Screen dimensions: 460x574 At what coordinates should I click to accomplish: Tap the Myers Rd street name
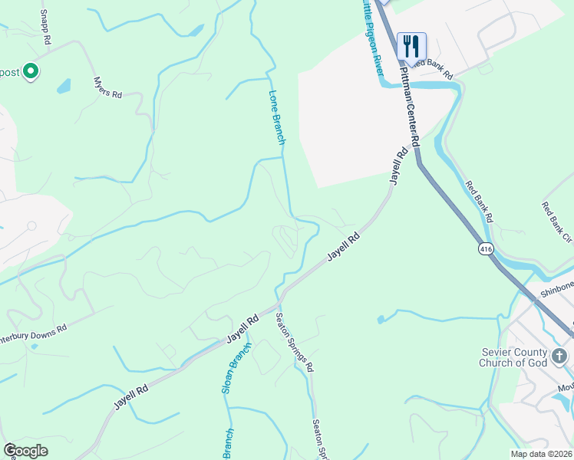(x=107, y=87)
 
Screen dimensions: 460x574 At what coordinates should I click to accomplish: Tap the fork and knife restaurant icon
(x=411, y=46)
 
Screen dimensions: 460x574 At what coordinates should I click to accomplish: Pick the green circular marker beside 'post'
(x=31, y=72)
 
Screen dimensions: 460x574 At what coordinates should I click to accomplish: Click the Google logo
(x=25, y=450)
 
